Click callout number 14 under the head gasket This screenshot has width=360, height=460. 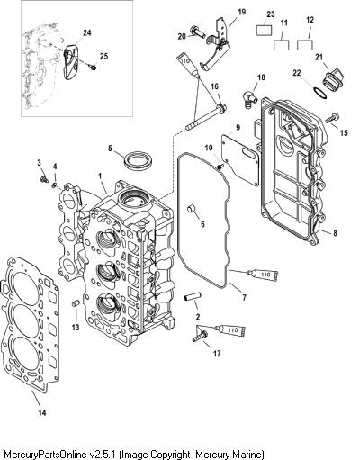(x=42, y=412)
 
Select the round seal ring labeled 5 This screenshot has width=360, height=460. (x=139, y=159)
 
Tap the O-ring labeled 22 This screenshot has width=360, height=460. (x=320, y=94)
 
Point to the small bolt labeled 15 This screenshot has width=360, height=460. (x=332, y=118)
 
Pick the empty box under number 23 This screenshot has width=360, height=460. (x=265, y=30)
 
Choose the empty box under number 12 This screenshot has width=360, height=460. (x=305, y=44)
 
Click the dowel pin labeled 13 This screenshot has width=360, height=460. (x=76, y=304)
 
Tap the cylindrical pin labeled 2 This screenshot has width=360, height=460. (x=190, y=299)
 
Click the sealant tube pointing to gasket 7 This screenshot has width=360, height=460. (x=263, y=275)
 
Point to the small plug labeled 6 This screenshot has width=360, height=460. (x=192, y=209)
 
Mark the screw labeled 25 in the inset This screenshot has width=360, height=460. (x=94, y=68)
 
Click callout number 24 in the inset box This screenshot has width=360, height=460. (x=87, y=32)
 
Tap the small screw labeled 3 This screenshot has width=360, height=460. (x=44, y=179)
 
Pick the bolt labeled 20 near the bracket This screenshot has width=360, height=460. (x=197, y=32)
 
